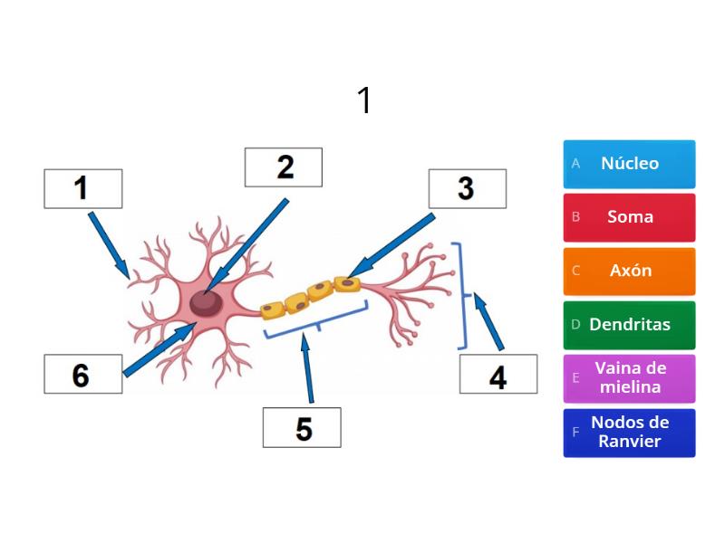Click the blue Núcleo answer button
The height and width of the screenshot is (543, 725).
tap(629, 164)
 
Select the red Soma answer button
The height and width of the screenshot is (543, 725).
tap(629, 217)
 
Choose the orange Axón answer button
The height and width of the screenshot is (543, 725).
tap(629, 271)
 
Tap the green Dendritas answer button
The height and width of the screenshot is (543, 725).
tap(629, 324)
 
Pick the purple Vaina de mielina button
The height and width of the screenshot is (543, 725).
tap(629, 378)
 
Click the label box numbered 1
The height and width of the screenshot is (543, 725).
tap(82, 188)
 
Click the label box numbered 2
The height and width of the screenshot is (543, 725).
tap(284, 167)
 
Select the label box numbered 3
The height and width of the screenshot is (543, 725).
tap(468, 188)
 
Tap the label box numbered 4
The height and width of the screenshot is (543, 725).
tap(498, 374)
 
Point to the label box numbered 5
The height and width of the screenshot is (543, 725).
tap(302, 427)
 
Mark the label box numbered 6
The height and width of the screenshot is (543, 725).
tap(82, 374)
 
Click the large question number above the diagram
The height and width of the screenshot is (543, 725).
tap(363, 100)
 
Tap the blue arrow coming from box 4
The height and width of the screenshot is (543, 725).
tap(488, 321)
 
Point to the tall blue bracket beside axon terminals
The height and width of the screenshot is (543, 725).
tap(464, 295)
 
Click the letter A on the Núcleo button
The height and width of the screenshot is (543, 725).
tap(575, 164)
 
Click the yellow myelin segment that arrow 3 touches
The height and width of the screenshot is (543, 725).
tap(347, 284)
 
